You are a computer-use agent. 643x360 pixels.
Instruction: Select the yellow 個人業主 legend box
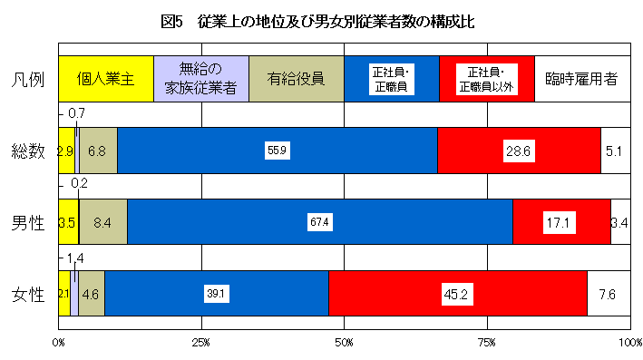point(106,78)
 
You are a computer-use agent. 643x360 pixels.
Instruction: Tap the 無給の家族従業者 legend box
point(201,78)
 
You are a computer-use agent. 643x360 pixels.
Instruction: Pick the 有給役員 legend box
point(297,78)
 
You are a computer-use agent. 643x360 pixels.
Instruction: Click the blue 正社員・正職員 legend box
point(392,78)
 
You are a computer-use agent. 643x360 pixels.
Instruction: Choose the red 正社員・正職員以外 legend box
point(487,78)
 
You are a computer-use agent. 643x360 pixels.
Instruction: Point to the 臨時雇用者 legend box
point(581,78)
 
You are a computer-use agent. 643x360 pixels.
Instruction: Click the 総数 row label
point(28,151)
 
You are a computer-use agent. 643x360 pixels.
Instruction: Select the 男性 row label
point(28,222)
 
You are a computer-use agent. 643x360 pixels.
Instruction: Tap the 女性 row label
point(28,294)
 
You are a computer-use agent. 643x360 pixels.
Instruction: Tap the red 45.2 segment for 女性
point(458,294)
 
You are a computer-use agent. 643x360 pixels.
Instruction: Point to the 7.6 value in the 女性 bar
point(608,294)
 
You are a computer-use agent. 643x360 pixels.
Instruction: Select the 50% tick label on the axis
point(345,342)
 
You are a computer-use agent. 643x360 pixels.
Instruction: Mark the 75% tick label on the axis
point(487,342)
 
